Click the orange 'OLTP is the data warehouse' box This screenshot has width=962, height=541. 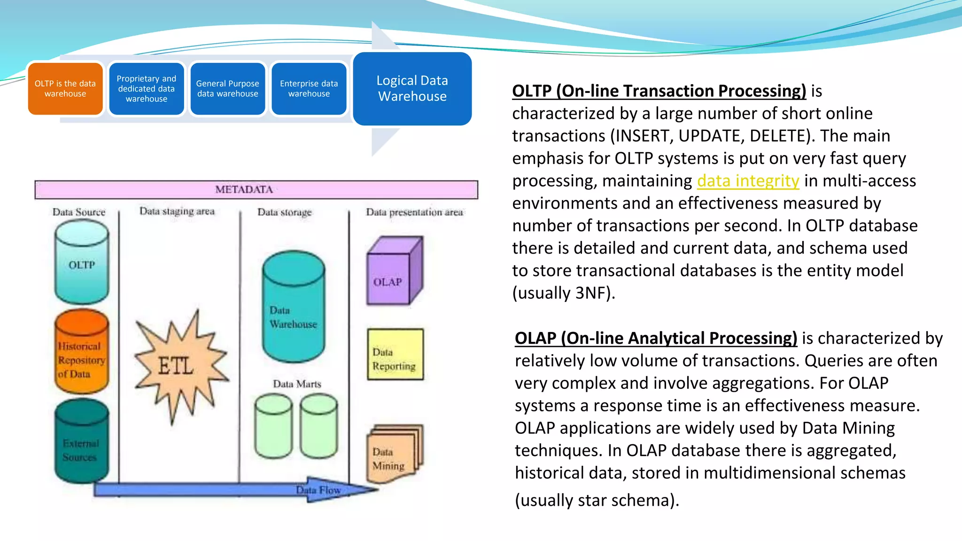(x=65, y=89)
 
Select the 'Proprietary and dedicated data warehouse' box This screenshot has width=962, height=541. (x=147, y=89)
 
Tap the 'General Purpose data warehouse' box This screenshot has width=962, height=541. (x=228, y=89)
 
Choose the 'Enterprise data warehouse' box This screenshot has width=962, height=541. (x=309, y=89)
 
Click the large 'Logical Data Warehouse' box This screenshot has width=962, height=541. (x=412, y=89)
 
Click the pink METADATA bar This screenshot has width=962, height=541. (x=256, y=190)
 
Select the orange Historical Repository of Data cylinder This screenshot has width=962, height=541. (x=81, y=352)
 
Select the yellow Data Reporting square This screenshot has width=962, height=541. (x=395, y=355)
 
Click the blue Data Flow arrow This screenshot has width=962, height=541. (x=235, y=490)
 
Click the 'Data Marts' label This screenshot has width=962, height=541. (x=297, y=384)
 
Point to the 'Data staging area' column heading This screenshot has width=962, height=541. (x=177, y=211)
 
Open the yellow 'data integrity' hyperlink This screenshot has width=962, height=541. (x=748, y=181)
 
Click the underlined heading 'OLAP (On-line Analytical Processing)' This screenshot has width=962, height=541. (x=656, y=338)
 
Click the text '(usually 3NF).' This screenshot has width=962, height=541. (x=563, y=293)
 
